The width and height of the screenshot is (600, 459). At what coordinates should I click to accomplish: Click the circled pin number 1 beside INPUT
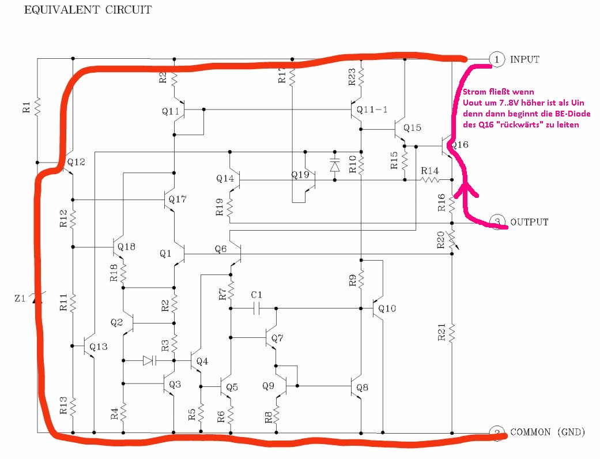coord(496,59)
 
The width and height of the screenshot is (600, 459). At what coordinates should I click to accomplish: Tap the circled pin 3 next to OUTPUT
coord(496,221)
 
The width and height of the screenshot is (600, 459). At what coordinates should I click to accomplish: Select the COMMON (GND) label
coord(548,432)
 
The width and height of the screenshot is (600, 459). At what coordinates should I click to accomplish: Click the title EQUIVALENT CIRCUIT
coord(88,10)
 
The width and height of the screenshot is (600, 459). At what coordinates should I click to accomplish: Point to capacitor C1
coord(256,308)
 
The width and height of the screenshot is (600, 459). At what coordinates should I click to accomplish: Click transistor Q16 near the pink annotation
coord(447,145)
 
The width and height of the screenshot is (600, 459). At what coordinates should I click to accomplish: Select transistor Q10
coord(378,309)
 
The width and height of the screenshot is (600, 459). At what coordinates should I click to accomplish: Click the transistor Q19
coord(311,180)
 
